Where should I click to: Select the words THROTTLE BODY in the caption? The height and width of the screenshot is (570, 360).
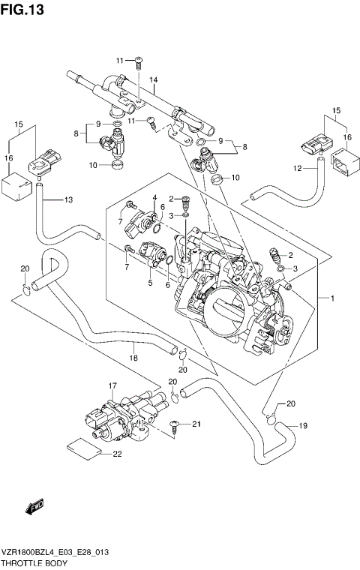(x=34, y=562)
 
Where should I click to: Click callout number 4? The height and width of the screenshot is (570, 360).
(x=154, y=198)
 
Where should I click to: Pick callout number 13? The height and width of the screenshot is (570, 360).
(x=68, y=199)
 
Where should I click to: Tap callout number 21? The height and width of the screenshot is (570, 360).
(x=197, y=425)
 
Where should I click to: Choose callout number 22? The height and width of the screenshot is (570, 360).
(x=117, y=454)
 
